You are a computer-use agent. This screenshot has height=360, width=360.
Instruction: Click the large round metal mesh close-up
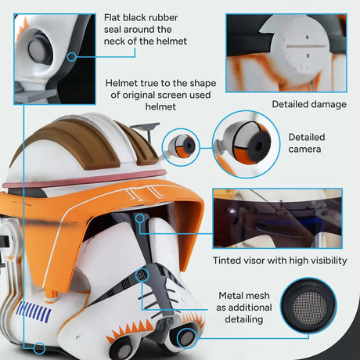point(309,310)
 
